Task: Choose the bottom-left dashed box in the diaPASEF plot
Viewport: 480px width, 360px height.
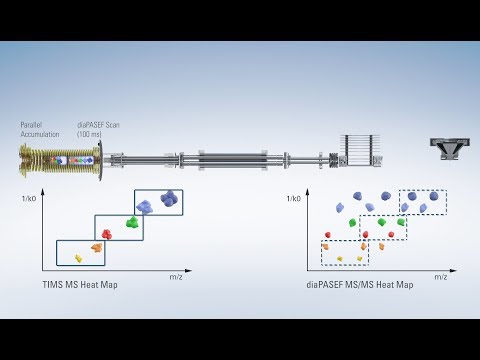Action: [x=344, y=252]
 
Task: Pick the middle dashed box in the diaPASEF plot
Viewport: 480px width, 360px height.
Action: [x=383, y=227]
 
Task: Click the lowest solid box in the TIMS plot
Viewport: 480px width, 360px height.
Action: [x=80, y=252]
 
